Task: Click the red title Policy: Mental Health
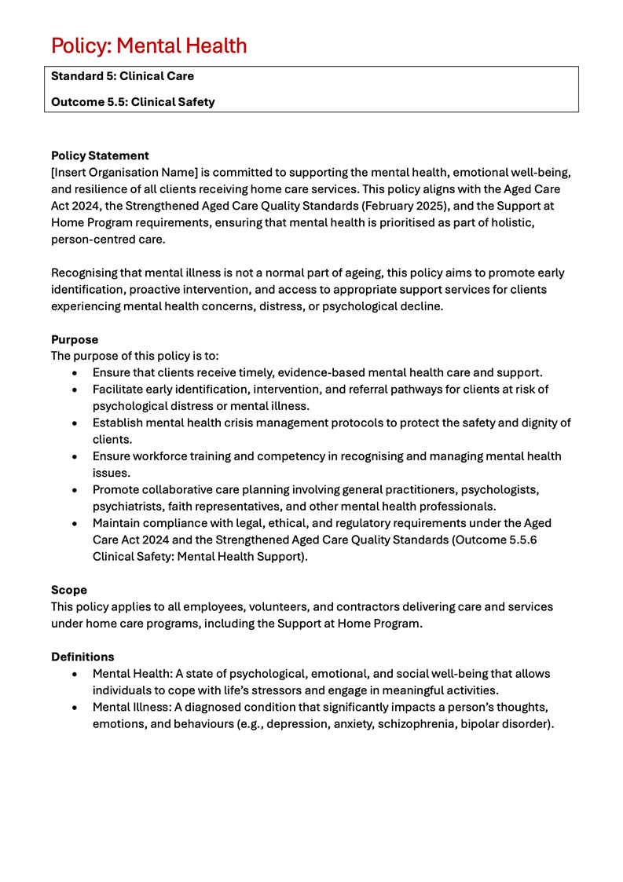click(149, 46)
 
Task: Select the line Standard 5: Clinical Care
click(122, 77)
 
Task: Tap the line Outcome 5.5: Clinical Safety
click(132, 102)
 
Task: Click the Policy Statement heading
click(100, 156)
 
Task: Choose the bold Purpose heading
click(75, 340)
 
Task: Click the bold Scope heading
click(69, 590)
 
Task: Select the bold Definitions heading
click(82, 657)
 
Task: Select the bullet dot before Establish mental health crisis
click(74, 423)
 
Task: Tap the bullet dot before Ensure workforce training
click(74, 456)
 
